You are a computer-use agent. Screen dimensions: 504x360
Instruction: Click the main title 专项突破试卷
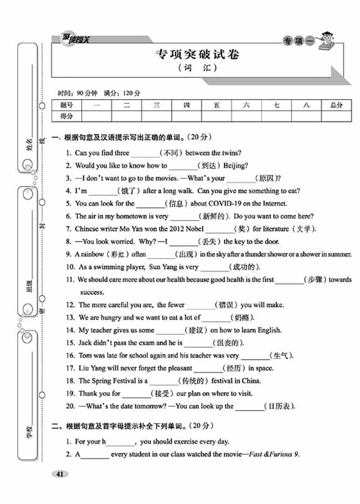click(197, 55)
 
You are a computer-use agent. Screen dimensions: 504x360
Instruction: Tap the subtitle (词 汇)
click(196, 69)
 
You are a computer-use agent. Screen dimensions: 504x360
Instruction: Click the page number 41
click(59, 474)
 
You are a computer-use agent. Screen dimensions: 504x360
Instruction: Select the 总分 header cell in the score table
click(336, 105)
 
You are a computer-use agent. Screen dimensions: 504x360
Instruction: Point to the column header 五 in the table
click(216, 105)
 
